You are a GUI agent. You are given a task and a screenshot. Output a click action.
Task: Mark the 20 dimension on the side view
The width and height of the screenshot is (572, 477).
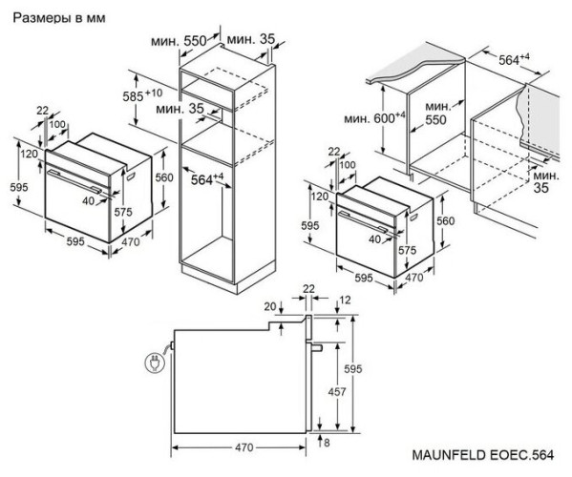click(x=270, y=305)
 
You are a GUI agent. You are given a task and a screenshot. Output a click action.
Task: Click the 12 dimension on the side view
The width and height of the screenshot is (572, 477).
click(x=344, y=301)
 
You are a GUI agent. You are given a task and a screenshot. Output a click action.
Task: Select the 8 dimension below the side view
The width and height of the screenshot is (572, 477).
click(x=327, y=443)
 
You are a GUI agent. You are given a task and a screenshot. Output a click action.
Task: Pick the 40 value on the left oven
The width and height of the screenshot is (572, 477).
click(x=88, y=200)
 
